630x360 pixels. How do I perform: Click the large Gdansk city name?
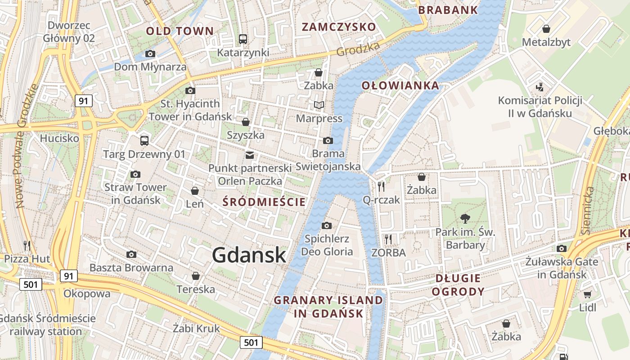(249, 255)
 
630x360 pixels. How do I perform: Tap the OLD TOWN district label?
(180, 31)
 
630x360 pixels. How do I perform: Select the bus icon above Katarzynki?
(243, 39)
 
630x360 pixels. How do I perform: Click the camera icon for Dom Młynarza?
(150, 54)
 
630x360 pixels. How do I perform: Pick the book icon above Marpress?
(319, 105)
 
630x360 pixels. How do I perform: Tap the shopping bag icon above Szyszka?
(246, 122)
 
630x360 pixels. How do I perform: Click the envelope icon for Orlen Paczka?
(249, 155)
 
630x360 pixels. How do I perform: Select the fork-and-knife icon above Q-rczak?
(381, 185)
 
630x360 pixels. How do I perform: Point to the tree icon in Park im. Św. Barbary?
(465, 219)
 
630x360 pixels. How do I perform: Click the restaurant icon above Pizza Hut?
(27, 245)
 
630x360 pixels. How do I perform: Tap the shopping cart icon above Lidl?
(587, 295)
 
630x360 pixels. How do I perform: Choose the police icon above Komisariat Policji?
(540, 87)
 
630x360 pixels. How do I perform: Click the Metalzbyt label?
(546, 42)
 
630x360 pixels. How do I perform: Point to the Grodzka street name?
(358, 50)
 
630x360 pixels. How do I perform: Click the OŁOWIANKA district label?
(400, 85)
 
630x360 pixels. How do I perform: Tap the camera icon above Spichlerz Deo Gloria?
(327, 225)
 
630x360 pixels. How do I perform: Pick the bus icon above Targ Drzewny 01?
(144, 141)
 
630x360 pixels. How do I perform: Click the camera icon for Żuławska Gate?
(561, 248)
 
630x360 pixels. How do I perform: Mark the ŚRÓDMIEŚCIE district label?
(264, 202)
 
